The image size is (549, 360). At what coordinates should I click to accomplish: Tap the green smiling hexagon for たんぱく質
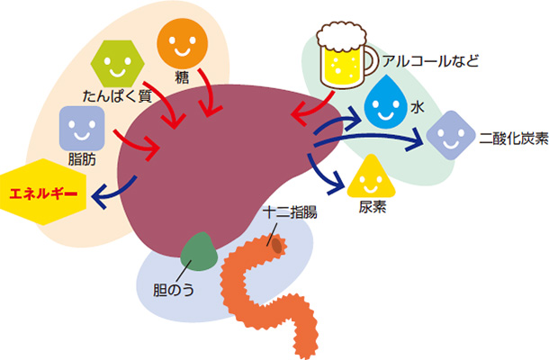[x=119, y=64]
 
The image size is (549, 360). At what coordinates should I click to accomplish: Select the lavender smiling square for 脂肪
[x=79, y=128]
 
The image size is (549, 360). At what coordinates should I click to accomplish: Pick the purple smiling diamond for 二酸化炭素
[x=447, y=135]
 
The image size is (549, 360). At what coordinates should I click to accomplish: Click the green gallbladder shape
[x=198, y=252]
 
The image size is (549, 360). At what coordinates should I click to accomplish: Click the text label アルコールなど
[x=431, y=61]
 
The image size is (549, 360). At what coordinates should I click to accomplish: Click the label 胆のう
[x=174, y=292]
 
